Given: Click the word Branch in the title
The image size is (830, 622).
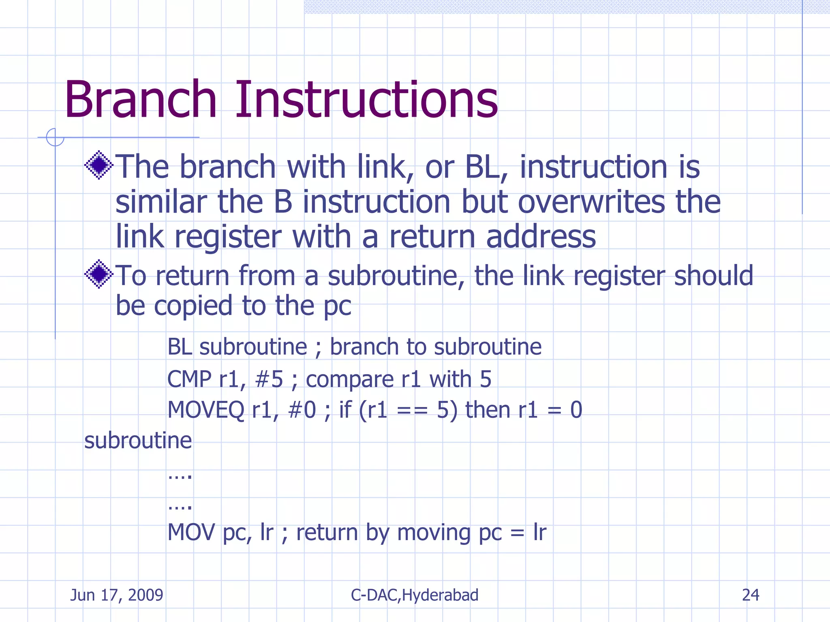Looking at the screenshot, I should click(141, 100).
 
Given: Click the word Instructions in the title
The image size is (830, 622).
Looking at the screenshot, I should click(366, 100).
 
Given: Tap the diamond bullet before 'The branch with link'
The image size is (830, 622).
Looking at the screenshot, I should click(98, 165).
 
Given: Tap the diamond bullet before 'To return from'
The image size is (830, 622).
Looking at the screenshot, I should click(98, 274).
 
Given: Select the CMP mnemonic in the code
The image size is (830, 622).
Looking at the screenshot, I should click(189, 379).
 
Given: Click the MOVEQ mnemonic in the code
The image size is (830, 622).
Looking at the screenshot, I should click(206, 410).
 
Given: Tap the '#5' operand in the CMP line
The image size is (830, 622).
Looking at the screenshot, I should click(269, 379).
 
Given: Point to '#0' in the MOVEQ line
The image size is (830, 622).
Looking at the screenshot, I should click(302, 410).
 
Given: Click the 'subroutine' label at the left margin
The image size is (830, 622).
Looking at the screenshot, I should click(138, 441).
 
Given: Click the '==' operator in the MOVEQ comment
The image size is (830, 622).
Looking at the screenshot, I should click(412, 411).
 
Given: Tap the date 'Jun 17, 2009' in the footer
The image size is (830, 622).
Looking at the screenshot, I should click(117, 595).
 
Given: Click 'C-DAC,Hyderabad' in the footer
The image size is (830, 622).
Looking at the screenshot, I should click(415, 595).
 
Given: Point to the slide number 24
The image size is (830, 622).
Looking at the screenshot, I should click(751, 595).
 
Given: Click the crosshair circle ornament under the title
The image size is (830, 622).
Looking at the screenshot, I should click(55, 137).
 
